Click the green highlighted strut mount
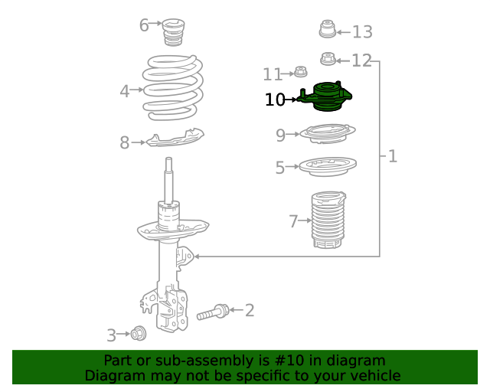tap(327, 96)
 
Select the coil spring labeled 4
tap(173, 88)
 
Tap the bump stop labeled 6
tap(174, 32)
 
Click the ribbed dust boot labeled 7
tap(328, 220)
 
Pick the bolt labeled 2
tap(213, 312)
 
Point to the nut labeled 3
tap(138, 334)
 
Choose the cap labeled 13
tap(328, 29)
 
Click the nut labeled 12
tap(328, 59)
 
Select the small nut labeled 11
tap(300, 72)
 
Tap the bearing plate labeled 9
tap(328, 133)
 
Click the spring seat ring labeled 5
tap(328, 167)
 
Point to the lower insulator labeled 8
tap(175, 138)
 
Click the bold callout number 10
tap(275, 100)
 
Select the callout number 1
tap(393, 156)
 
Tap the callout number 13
tap(362, 32)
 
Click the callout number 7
tap(293, 221)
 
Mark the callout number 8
tap(124, 142)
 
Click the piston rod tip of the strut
tap(168, 159)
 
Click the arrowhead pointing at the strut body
tap(197, 256)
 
